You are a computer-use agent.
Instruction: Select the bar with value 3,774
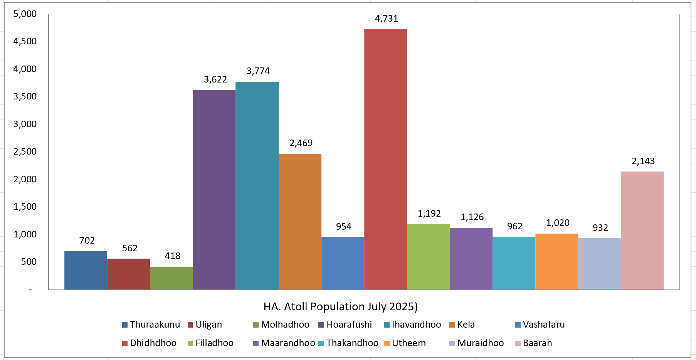click(257, 185)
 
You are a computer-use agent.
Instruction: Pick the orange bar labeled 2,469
click(300, 222)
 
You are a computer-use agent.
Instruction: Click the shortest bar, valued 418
click(171, 278)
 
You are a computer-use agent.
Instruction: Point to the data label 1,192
click(429, 214)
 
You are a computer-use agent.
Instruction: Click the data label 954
click(343, 227)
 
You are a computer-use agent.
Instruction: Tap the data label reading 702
click(87, 241)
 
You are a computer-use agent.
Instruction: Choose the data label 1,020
click(558, 223)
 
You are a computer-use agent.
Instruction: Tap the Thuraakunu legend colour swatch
click(125, 325)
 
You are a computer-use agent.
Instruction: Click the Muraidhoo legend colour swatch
click(452, 343)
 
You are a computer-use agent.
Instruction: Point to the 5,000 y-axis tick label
click(25, 14)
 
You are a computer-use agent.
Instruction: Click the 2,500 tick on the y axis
click(25, 151)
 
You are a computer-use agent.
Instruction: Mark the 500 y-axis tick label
click(29, 262)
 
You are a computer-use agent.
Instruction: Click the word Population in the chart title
click(337, 306)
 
